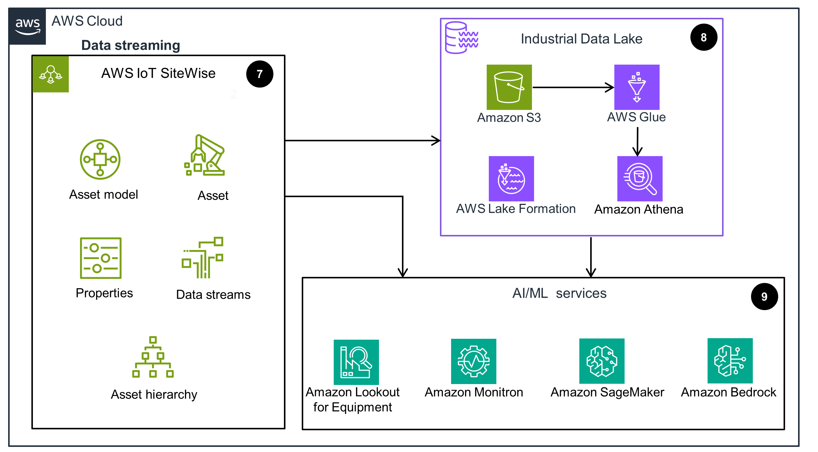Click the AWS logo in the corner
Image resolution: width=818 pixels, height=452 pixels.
[27, 26]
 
